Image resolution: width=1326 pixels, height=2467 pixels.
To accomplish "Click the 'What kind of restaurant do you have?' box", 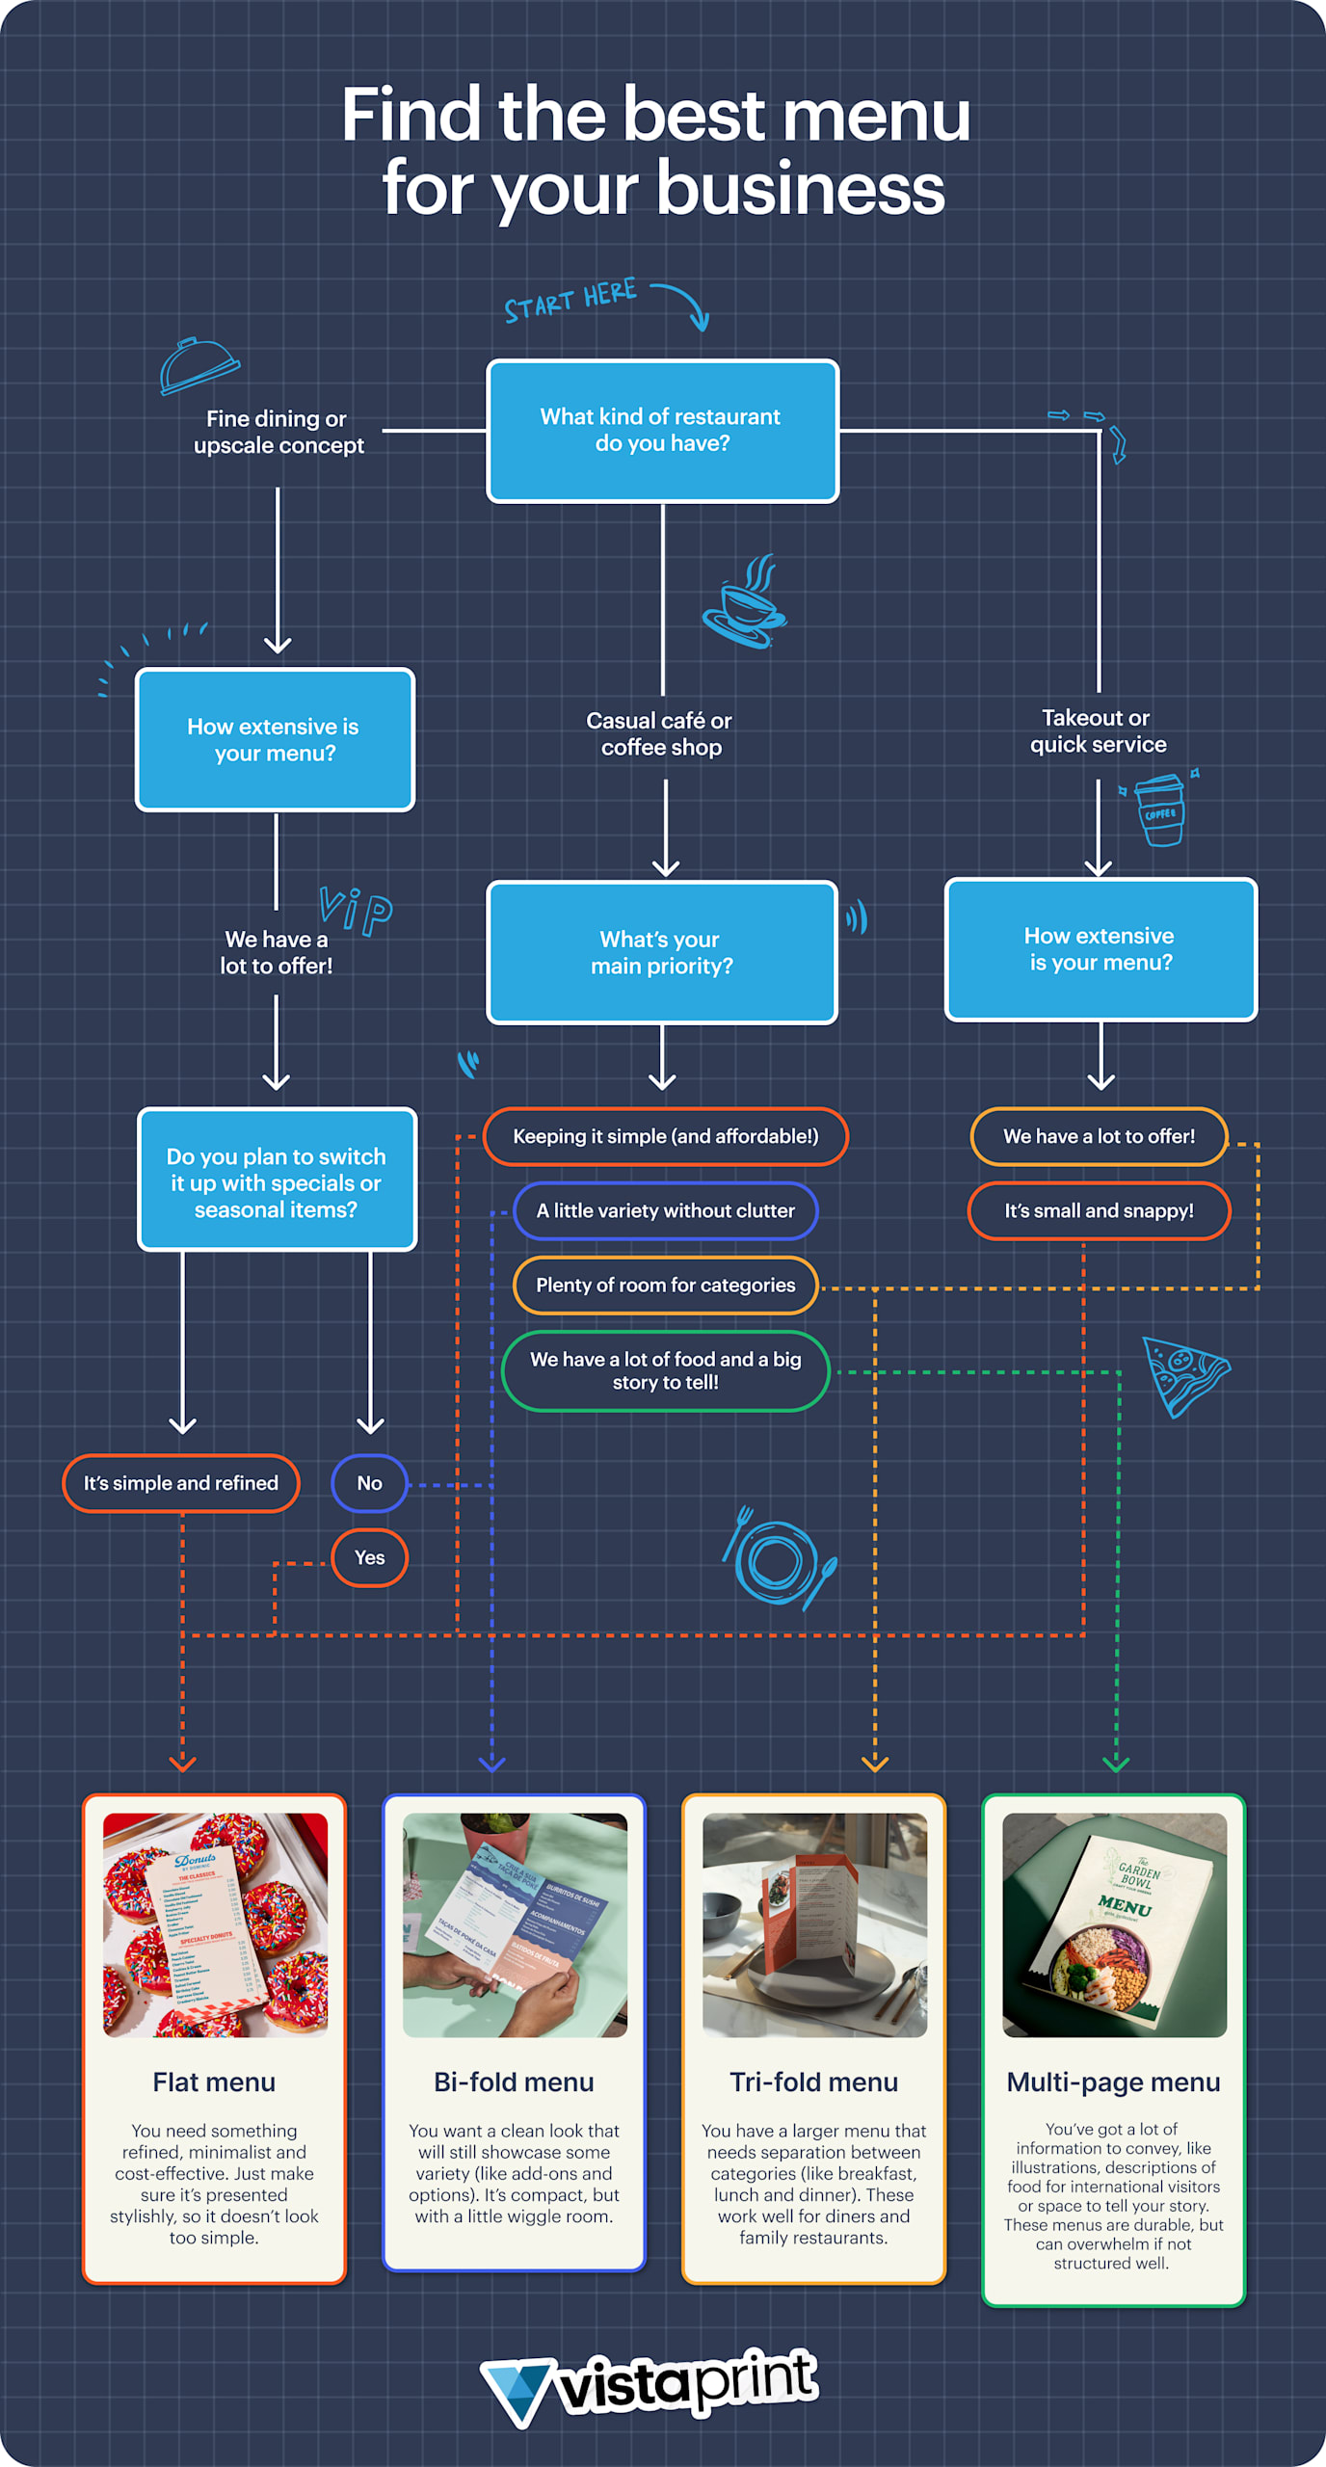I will pyautogui.click(x=662, y=431).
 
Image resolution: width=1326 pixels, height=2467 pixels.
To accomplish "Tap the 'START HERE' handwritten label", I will pyautogui.click(x=570, y=300).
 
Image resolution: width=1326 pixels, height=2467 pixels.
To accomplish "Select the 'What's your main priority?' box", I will pyautogui.click(x=662, y=952).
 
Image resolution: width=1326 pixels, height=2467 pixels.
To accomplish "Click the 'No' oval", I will pyautogui.click(x=369, y=1483).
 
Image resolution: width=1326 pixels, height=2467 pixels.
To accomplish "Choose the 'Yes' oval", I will pyautogui.click(x=369, y=1557).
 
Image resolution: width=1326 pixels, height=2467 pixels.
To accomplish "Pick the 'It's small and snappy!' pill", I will pyautogui.click(x=1099, y=1210).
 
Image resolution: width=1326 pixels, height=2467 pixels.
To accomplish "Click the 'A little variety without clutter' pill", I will pyautogui.click(x=665, y=1210).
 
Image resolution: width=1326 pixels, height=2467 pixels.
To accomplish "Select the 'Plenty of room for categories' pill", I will pyautogui.click(x=665, y=1285).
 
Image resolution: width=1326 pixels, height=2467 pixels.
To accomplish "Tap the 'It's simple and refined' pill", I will pyautogui.click(x=180, y=1483).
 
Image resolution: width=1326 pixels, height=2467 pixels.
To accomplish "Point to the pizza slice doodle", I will pyautogui.click(x=1182, y=1375).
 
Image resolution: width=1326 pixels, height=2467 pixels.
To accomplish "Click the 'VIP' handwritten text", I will pyautogui.click(x=356, y=910).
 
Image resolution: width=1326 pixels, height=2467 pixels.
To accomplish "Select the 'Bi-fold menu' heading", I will pyautogui.click(x=514, y=2082).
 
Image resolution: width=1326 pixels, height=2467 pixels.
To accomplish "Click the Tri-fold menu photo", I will pyautogui.click(x=814, y=1924).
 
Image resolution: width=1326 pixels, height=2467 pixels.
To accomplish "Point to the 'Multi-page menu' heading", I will pyautogui.click(x=1113, y=2082).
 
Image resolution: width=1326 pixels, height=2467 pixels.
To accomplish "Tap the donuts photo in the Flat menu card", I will pyautogui.click(x=215, y=1924).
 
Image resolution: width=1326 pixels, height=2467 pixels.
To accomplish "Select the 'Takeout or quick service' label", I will pyautogui.click(x=1098, y=730).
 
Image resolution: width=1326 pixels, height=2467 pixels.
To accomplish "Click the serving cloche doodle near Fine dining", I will pyautogui.click(x=199, y=365).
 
